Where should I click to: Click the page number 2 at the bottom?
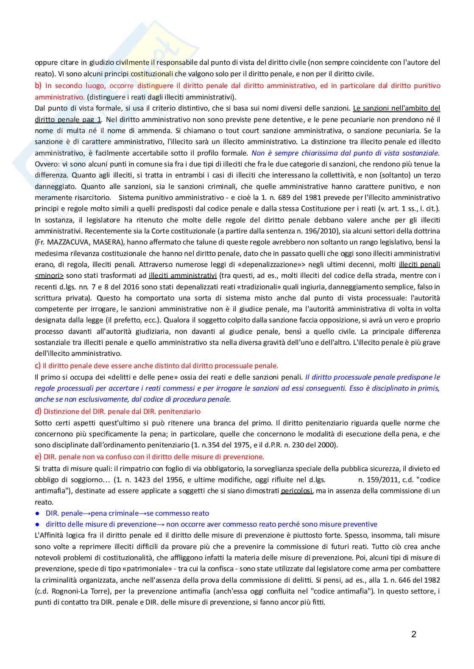point(413,634)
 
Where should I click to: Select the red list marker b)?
point(38,86)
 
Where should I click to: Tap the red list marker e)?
point(38,457)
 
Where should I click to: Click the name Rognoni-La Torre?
point(75,591)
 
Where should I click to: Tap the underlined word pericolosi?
point(297,491)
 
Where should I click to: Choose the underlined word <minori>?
point(49,276)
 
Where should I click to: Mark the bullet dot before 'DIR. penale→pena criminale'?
point(37,514)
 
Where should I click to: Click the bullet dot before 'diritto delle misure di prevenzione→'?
point(37,525)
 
